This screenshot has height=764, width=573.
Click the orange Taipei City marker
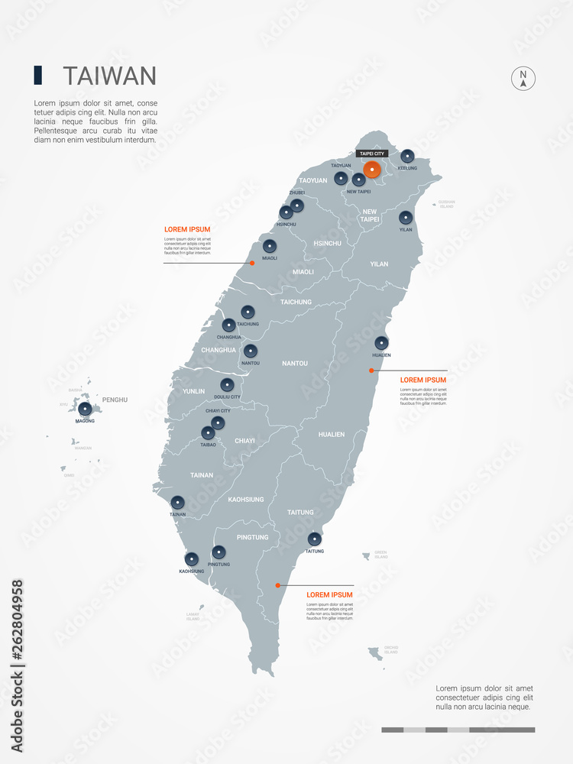click(372, 170)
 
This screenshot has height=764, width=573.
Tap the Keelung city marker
click(408, 156)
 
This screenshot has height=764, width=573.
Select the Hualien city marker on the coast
click(381, 343)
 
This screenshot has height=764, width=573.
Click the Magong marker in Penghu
click(85, 409)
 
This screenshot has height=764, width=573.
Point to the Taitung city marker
click(314, 539)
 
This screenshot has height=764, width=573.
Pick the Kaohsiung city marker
click(192, 559)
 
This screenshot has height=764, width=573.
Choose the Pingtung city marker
click(219, 552)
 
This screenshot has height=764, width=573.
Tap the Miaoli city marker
click(270, 246)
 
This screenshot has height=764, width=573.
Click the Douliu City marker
click(226, 385)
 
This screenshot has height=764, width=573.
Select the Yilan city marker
click(406, 217)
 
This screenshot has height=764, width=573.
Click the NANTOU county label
click(295, 363)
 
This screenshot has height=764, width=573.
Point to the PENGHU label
click(115, 400)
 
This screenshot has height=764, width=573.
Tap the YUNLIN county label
click(194, 391)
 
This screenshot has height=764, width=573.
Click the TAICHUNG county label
click(296, 302)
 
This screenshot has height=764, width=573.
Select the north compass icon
click(523, 79)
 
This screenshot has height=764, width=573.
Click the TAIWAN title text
click(109, 76)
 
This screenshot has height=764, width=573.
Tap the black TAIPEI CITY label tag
click(372, 154)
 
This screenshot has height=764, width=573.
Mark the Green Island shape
click(367, 555)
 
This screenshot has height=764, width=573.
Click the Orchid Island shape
click(375, 653)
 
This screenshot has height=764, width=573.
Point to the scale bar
click(458, 730)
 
